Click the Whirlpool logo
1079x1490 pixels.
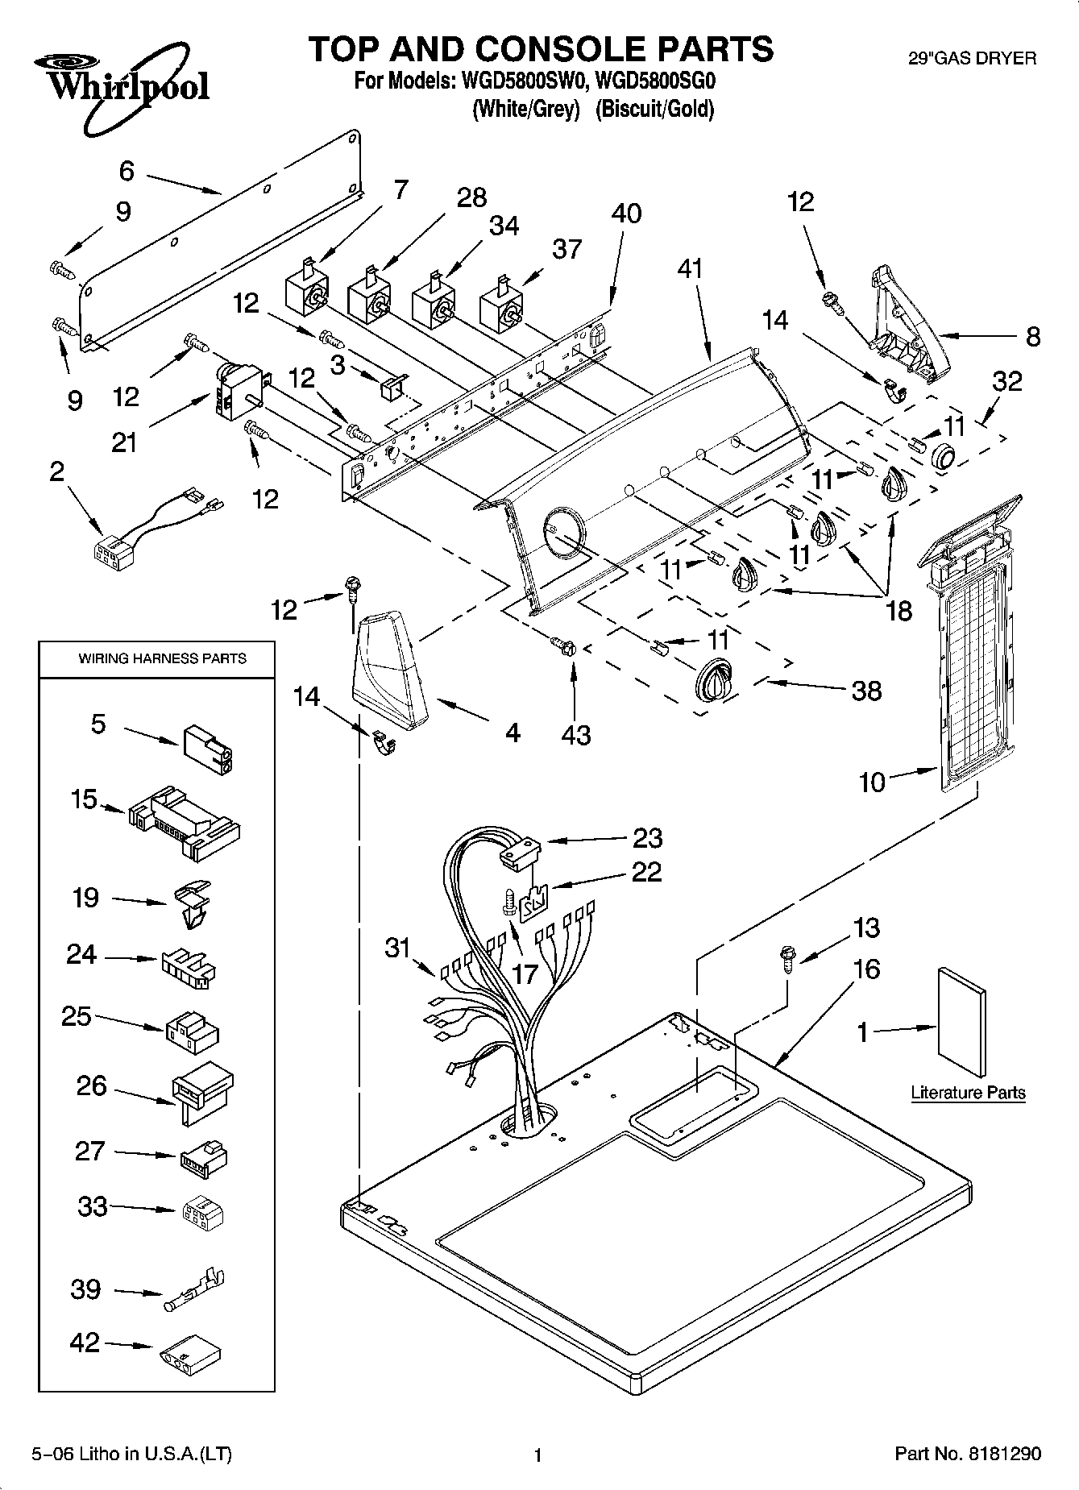[121, 89]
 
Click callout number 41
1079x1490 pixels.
[690, 268]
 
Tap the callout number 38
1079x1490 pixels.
[867, 691]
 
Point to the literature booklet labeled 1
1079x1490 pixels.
[960, 1023]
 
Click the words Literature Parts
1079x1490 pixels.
[968, 1093]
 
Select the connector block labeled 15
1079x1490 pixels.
[184, 821]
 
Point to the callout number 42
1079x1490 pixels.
[85, 1343]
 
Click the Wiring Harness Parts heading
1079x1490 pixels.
[162, 658]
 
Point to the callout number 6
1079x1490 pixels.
[126, 171]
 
